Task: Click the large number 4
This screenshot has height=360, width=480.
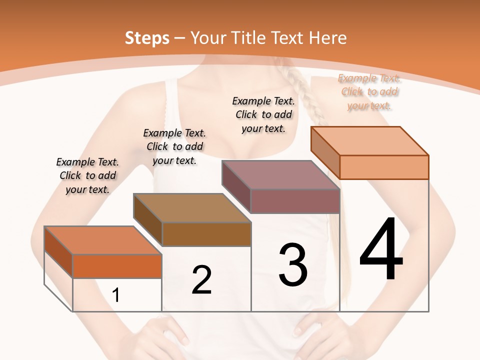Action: [381, 250]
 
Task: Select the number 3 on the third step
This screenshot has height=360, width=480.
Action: [293, 265]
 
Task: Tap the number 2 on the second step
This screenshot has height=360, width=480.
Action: [202, 280]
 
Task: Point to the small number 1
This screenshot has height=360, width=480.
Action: [116, 295]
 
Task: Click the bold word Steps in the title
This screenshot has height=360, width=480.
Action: [147, 38]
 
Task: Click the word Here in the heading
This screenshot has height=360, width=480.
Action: [328, 38]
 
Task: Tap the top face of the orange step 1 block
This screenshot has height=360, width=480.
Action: [102, 240]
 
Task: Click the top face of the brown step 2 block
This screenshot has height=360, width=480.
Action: [192, 207]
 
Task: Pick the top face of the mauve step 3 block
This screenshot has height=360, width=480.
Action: [281, 174]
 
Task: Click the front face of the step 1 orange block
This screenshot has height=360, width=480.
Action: [117, 266]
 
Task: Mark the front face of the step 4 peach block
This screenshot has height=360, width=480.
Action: [384, 167]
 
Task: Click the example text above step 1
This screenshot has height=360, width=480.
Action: [87, 175]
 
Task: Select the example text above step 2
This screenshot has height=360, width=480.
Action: [174, 146]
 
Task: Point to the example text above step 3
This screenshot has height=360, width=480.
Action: [263, 114]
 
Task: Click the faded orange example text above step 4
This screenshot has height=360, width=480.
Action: [369, 91]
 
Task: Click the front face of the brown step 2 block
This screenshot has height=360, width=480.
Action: [206, 234]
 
